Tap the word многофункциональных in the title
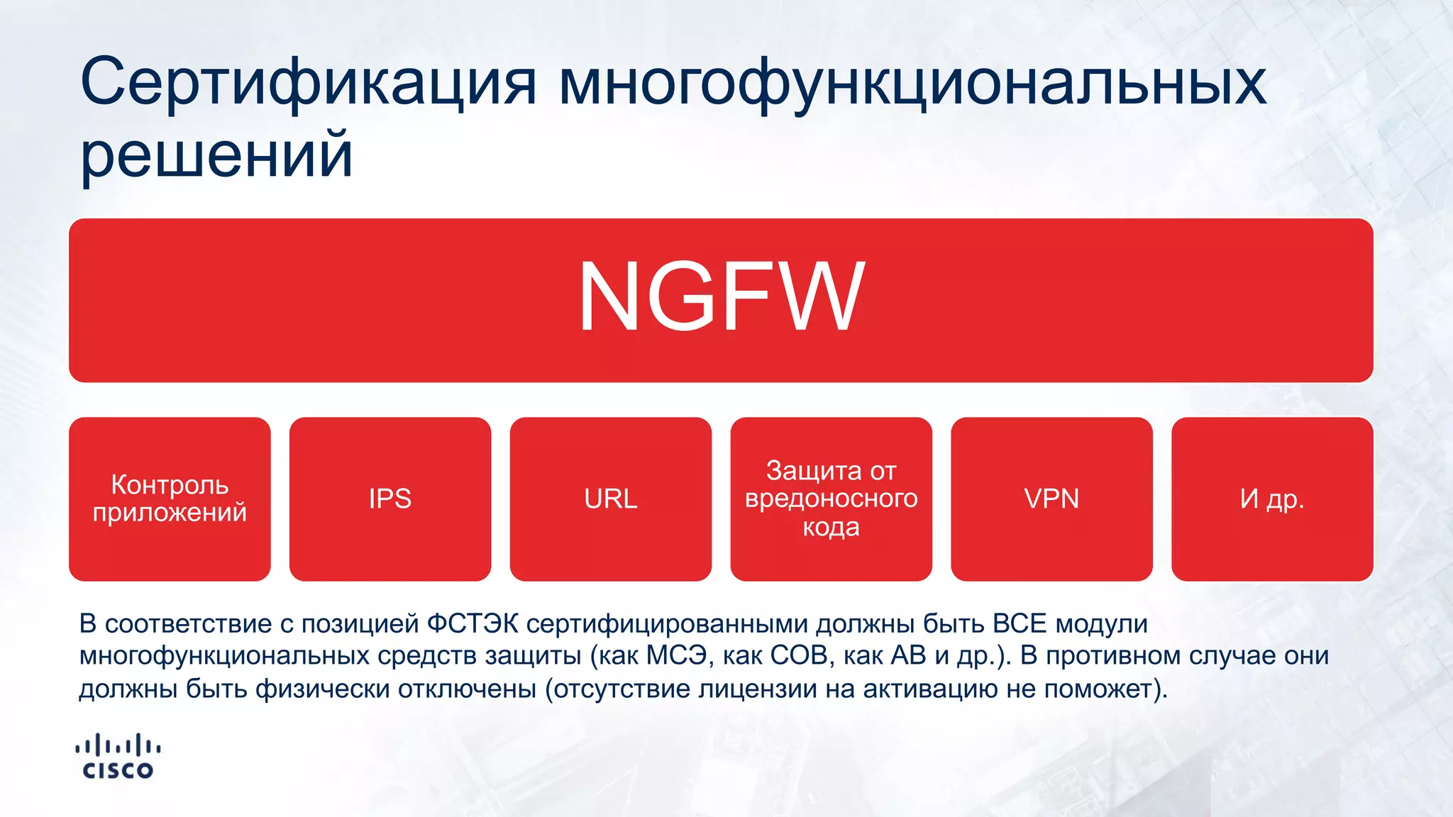coord(912,83)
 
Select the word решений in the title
coord(216,154)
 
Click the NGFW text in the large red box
coord(721,296)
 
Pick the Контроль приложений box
coord(170,499)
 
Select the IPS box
coord(390,499)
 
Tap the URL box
coord(611,499)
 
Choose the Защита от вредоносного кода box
coord(831,499)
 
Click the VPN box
coord(1051,499)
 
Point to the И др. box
coord(1272,499)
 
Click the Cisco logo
coord(118,757)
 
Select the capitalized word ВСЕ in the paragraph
coord(1020,624)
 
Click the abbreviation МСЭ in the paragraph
coord(676,656)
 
